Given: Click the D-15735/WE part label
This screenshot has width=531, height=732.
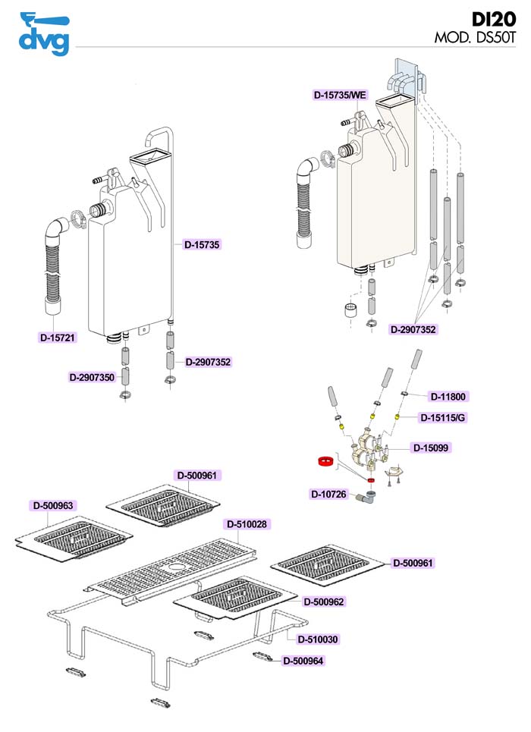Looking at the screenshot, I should pyautogui.click(x=341, y=96).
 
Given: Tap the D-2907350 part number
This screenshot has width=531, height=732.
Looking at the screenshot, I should pyautogui.click(x=92, y=377).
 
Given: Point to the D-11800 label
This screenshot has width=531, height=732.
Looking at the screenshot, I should pyautogui.click(x=448, y=396).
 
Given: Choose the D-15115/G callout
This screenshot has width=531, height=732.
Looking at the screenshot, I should pyautogui.click(x=445, y=418).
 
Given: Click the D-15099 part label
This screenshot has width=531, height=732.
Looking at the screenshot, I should pyautogui.click(x=432, y=448).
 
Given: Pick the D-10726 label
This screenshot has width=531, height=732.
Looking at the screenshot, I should pyautogui.click(x=328, y=495).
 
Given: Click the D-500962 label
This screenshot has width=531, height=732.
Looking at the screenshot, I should pyautogui.click(x=324, y=602).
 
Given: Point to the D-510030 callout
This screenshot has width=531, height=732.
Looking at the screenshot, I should pyautogui.click(x=318, y=639).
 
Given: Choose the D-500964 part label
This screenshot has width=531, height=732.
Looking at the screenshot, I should pyautogui.click(x=303, y=661).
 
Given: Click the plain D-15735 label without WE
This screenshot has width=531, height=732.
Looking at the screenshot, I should pyautogui.click(x=202, y=245).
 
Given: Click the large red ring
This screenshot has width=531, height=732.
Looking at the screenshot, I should pyautogui.click(x=326, y=460).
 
